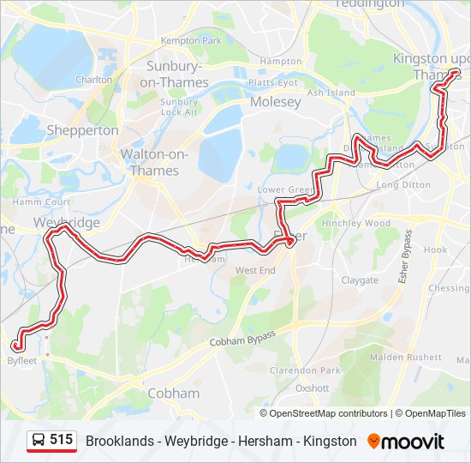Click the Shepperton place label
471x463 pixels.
click(x=82, y=130)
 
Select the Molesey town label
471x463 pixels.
click(x=275, y=102)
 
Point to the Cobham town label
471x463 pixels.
click(x=173, y=394)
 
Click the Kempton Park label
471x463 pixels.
click(x=191, y=40)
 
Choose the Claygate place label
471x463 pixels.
click(x=360, y=280)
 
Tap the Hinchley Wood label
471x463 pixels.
click(x=355, y=223)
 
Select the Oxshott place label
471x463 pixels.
click(x=312, y=388)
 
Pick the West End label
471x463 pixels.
click(x=255, y=270)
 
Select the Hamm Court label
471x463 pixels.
click(x=40, y=201)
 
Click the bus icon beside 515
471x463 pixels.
click(x=39, y=441)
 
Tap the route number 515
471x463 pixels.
click(x=61, y=440)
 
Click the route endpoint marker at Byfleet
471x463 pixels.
click(x=15, y=346)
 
